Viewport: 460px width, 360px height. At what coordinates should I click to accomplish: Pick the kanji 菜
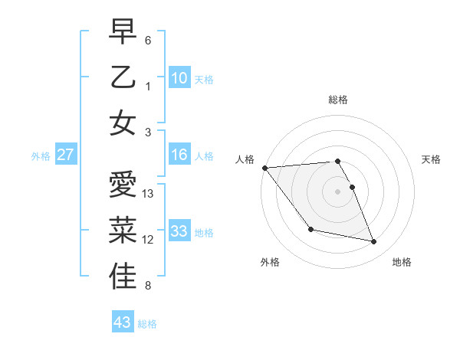123,231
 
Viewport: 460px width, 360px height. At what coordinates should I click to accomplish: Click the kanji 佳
123,277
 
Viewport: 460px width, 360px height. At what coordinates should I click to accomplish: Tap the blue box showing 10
179,78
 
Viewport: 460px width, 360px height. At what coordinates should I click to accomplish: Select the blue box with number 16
179,155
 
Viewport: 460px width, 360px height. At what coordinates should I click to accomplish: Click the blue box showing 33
179,231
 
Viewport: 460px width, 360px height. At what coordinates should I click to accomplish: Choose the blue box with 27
65,155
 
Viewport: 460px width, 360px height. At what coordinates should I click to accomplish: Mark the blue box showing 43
123,322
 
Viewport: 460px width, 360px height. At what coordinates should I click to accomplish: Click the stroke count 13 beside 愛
149,194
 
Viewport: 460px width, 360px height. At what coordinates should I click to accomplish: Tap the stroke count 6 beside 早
148,40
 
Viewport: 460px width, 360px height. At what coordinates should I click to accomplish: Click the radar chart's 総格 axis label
338,100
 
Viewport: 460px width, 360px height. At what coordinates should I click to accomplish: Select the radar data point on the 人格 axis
264,168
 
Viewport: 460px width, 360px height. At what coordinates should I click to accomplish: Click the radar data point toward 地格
374,242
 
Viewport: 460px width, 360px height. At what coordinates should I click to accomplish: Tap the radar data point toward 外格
310,229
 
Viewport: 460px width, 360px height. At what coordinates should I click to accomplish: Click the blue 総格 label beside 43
147,324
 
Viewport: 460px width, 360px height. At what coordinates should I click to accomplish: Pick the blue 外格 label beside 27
41,156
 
